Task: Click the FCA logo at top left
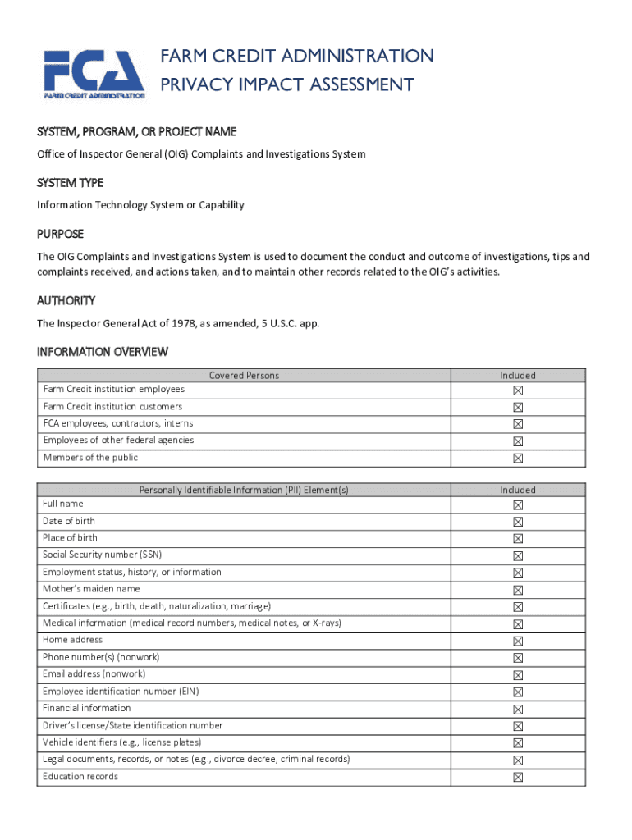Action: pos(94,73)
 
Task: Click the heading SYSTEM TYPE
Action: pos(70,183)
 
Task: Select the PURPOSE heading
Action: pos(60,234)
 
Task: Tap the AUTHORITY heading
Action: pos(66,301)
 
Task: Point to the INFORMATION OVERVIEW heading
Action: pos(103,352)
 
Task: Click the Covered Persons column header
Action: pos(244,376)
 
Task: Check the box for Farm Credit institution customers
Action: pos(518,408)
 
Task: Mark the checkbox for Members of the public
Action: pos(518,459)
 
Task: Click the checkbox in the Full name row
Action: pos(518,505)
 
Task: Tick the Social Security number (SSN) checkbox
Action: pos(518,556)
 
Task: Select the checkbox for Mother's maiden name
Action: pos(518,590)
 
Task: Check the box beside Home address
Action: pos(518,641)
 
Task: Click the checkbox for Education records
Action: pos(518,777)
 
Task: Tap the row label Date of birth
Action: pos(69,521)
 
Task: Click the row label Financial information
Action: pos(86,708)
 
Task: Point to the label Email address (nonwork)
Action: pos(94,673)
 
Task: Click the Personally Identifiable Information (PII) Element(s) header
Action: pos(244,490)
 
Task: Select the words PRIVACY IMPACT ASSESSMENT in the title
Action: pos(287,84)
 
